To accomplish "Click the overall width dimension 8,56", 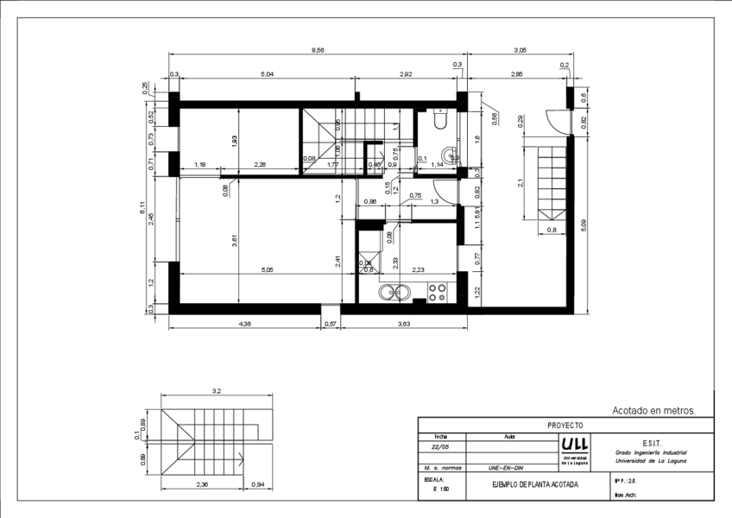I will [318, 51].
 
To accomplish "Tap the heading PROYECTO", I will [565, 425].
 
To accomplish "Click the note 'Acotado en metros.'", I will [653, 411].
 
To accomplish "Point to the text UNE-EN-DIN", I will [505, 466].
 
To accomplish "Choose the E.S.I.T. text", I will [652, 441].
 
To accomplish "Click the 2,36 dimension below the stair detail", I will [202, 485].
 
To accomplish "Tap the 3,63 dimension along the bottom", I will [403, 324].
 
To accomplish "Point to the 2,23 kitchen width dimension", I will [418, 269].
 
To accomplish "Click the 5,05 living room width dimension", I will [268, 269].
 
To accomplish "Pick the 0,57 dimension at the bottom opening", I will [330, 324].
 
